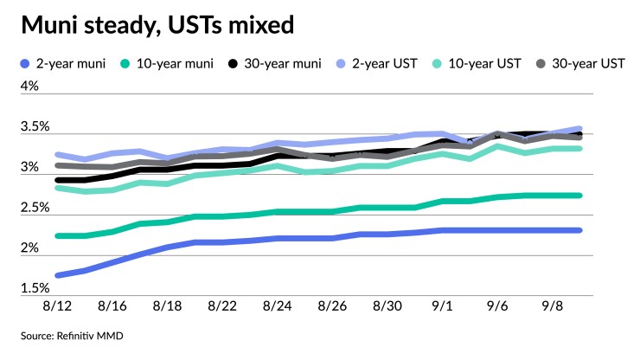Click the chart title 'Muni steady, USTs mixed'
click(x=157, y=25)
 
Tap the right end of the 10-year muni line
click(x=579, y=196)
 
